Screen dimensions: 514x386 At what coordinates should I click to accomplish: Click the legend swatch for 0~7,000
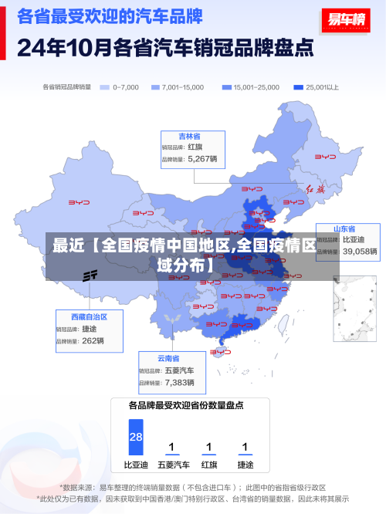[105, 87]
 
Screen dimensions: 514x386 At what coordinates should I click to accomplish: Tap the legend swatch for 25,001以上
[298, 87]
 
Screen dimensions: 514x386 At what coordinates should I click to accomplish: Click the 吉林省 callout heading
[190, 136]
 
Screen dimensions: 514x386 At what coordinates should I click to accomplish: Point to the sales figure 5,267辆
[202, 159]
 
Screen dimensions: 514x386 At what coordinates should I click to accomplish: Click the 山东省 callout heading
[344, 229]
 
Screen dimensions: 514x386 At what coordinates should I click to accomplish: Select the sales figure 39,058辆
[360, 252]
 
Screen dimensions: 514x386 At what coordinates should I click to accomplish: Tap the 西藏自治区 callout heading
[89, 317]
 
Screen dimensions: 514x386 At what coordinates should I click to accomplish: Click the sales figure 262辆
[93, 340]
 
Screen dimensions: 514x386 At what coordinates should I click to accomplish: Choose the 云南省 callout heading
[168, 359]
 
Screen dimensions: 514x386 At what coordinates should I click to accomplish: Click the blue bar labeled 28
[136, 437]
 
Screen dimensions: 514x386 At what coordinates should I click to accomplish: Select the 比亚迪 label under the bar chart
[136, 465]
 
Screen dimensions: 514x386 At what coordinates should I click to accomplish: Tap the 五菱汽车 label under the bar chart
[173, 465]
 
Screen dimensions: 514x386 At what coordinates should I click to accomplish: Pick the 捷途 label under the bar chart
[245, 465]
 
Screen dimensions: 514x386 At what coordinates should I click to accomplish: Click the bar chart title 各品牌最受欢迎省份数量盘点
[186, 404]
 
